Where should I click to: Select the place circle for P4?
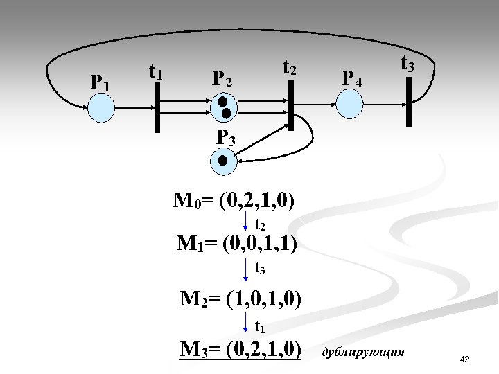349,104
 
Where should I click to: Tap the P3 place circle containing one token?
222,161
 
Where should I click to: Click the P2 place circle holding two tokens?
225,106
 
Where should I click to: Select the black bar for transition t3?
409,102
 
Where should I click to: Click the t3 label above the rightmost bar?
407,65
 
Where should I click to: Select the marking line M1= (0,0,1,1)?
238,244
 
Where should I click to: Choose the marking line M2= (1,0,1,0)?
240,299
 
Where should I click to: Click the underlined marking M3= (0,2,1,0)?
240,348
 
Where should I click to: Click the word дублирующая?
363,353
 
